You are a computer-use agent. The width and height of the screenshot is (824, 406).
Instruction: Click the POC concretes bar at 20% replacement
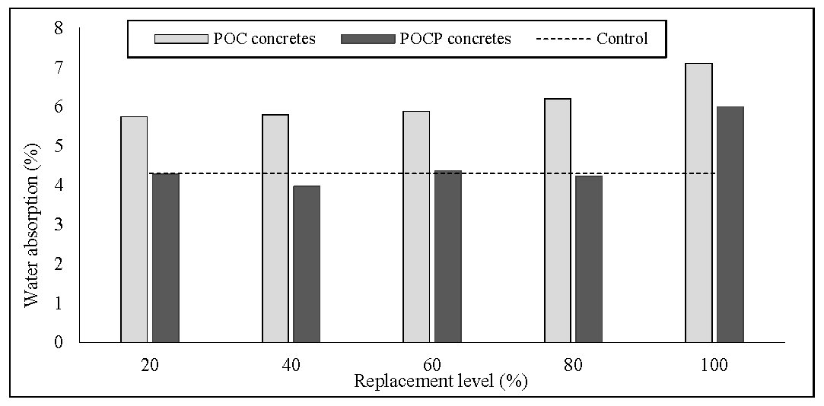[134, 230]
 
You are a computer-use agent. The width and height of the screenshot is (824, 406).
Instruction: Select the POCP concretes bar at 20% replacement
[165, 259]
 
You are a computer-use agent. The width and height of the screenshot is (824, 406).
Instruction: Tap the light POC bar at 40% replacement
[275, 228]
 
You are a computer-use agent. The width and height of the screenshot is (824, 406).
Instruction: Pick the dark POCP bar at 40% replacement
[306, 264]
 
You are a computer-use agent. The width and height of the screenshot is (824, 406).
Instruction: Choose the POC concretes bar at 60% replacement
[416, 227]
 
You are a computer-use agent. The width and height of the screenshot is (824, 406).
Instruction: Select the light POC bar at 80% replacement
[558, 220]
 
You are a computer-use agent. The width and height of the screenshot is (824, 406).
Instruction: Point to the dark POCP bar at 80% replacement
[589, 259]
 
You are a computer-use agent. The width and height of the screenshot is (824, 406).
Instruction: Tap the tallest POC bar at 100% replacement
[698, 203]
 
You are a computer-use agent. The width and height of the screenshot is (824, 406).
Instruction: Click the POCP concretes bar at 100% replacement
[730, 224]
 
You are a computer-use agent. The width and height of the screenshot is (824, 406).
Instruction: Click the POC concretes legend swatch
[180, 39]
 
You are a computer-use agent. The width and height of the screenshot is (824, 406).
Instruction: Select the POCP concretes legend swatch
[368, 39]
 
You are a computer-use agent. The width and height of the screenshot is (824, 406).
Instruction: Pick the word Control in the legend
[622, 39]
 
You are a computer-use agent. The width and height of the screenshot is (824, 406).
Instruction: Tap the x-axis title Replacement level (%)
[440, 382]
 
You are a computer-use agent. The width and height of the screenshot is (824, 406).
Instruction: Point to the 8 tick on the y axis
[59, 29]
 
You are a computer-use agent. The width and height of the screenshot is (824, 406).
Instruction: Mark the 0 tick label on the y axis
[59, 342]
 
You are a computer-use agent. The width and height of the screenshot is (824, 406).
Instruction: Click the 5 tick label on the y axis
[59, 146]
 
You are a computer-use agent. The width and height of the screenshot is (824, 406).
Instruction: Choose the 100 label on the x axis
[714, 365]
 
